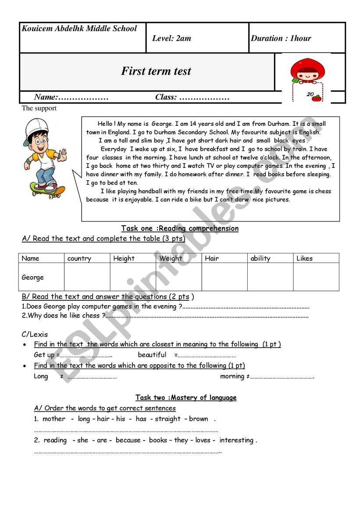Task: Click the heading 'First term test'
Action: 156,71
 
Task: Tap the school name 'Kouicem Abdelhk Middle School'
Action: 79,29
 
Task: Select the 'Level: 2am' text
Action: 171,38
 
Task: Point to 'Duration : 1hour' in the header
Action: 281,38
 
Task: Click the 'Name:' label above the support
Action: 46,97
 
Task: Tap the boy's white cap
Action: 35,127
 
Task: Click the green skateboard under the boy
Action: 47,190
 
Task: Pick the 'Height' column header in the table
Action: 124,259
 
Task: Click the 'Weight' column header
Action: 171,259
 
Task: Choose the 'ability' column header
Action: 260,259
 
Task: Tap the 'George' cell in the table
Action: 33,278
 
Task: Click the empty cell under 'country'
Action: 87,277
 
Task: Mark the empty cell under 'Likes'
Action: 316,277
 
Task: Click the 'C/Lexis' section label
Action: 35,335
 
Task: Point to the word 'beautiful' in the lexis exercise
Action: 152,355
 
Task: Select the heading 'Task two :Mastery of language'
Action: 186,398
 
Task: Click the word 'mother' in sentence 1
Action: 54,419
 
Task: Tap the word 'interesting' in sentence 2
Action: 237,440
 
